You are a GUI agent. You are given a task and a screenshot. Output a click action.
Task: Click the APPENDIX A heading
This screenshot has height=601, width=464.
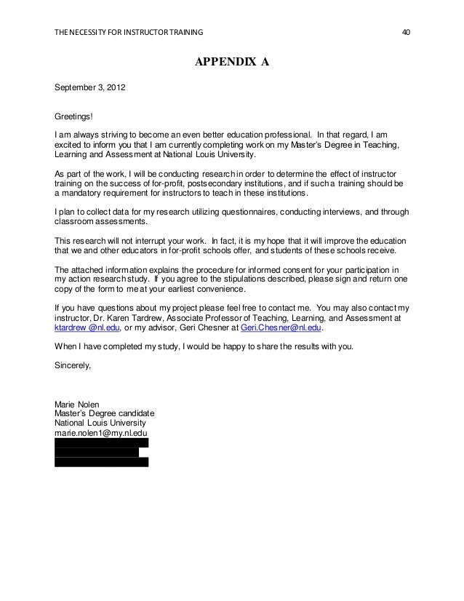231,63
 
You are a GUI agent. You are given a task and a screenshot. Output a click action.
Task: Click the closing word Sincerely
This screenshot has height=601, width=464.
73,366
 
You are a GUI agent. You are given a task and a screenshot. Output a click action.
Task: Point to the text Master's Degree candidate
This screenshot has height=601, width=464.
105,413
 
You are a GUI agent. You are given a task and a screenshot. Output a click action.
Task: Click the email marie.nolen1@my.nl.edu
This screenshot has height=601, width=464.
101,432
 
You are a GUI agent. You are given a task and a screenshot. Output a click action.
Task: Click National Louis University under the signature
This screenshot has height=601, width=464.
100,423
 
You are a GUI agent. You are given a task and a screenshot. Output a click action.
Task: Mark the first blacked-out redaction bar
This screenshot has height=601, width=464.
102,442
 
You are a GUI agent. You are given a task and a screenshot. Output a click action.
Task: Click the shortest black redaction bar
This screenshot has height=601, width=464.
96,452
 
